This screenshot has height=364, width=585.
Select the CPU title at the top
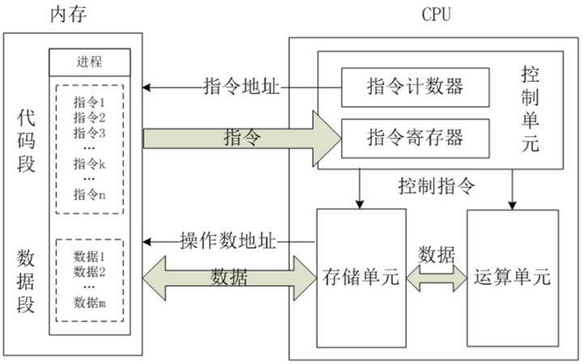click(x=436, y=14)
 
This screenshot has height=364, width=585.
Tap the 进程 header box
click(x=90, y=62)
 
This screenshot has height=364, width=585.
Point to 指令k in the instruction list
click(x=90, y=164)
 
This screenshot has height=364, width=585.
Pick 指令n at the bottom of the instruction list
click(x=90, y=194)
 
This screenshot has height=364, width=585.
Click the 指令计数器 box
click(x=416, y=87)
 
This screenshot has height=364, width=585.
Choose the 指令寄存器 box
click(x=416, y=137)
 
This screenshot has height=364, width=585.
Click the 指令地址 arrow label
click(x=241, y=86)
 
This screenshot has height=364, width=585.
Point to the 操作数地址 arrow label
click(x=228, y=241)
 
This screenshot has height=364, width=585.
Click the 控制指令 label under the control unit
click(x=436, y=186)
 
